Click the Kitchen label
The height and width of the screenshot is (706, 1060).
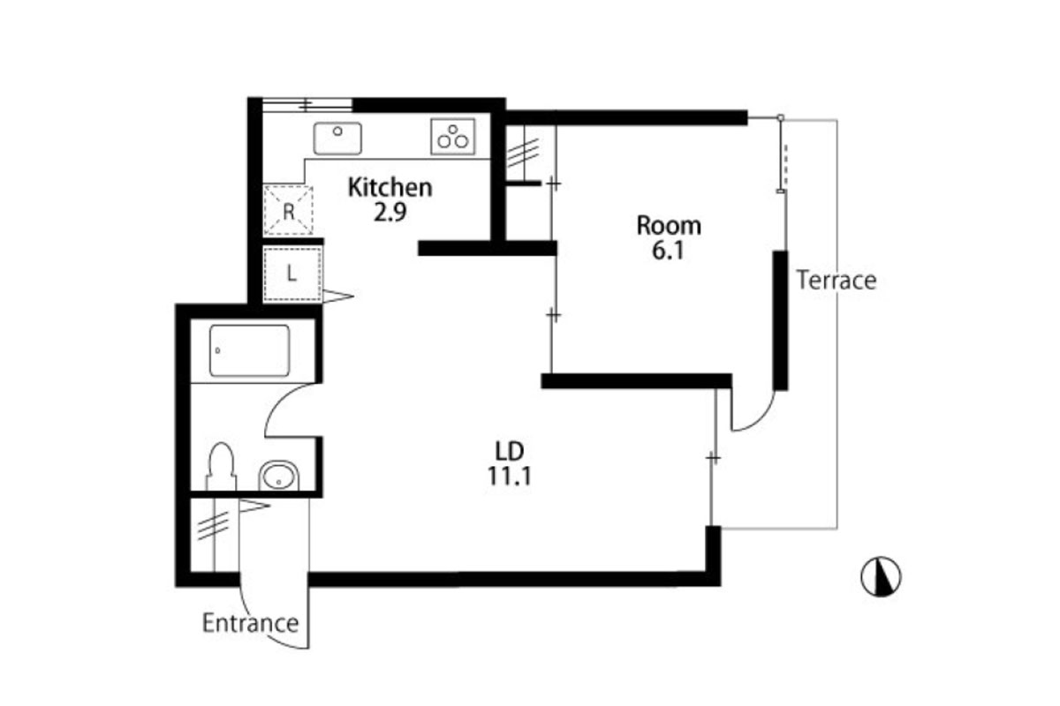(390, 188)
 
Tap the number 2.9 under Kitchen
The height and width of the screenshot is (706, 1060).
(390, 213)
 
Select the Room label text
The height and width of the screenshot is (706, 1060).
(669, 226)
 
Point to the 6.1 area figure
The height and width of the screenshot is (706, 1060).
(668, 251)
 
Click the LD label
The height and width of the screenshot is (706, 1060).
(509, 452)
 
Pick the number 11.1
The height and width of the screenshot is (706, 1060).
(509, 477)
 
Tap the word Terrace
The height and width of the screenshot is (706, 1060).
(837, 280)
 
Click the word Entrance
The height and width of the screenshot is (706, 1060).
(250, 623)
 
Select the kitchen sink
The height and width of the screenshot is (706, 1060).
(337, 138)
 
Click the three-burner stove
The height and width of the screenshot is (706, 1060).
(453, 136)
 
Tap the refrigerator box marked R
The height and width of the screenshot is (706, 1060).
(288, 211)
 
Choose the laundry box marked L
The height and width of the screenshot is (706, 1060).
(292, 274)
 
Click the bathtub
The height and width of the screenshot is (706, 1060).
(249, 350)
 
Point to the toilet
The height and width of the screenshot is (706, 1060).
(221, 466)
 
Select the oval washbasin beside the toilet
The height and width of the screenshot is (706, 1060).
(279, 476)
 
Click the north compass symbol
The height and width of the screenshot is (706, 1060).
(881, 576)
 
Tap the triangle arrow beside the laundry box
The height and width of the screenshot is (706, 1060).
(337, 297)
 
